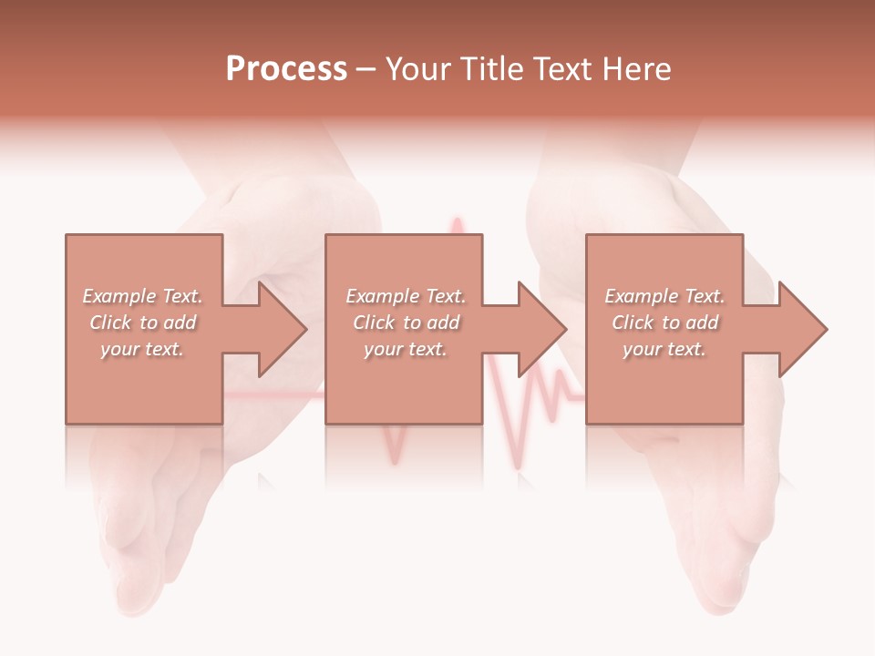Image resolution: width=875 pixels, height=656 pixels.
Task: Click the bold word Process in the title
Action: [286, 69]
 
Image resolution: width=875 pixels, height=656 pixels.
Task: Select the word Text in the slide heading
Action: [561, 69]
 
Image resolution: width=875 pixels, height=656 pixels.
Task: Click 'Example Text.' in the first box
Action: [142, 296]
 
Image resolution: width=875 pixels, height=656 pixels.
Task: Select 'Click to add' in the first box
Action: [142, 323]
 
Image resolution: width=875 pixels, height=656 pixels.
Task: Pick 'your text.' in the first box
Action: [142, 349]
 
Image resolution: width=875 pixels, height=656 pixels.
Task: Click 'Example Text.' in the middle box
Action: [406, 296]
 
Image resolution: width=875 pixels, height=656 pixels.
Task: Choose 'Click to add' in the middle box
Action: [406, 323]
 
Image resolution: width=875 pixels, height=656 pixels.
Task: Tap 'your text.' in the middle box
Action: [406, 349]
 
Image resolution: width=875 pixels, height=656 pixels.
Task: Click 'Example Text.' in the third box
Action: [664, 296]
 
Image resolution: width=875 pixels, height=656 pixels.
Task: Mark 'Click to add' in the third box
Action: [664, 323]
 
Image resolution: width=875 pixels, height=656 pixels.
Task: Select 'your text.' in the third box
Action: [664, 349]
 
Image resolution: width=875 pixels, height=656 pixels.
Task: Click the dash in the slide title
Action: [365, 70]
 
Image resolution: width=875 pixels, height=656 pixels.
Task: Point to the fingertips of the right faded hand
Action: [720, 592]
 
